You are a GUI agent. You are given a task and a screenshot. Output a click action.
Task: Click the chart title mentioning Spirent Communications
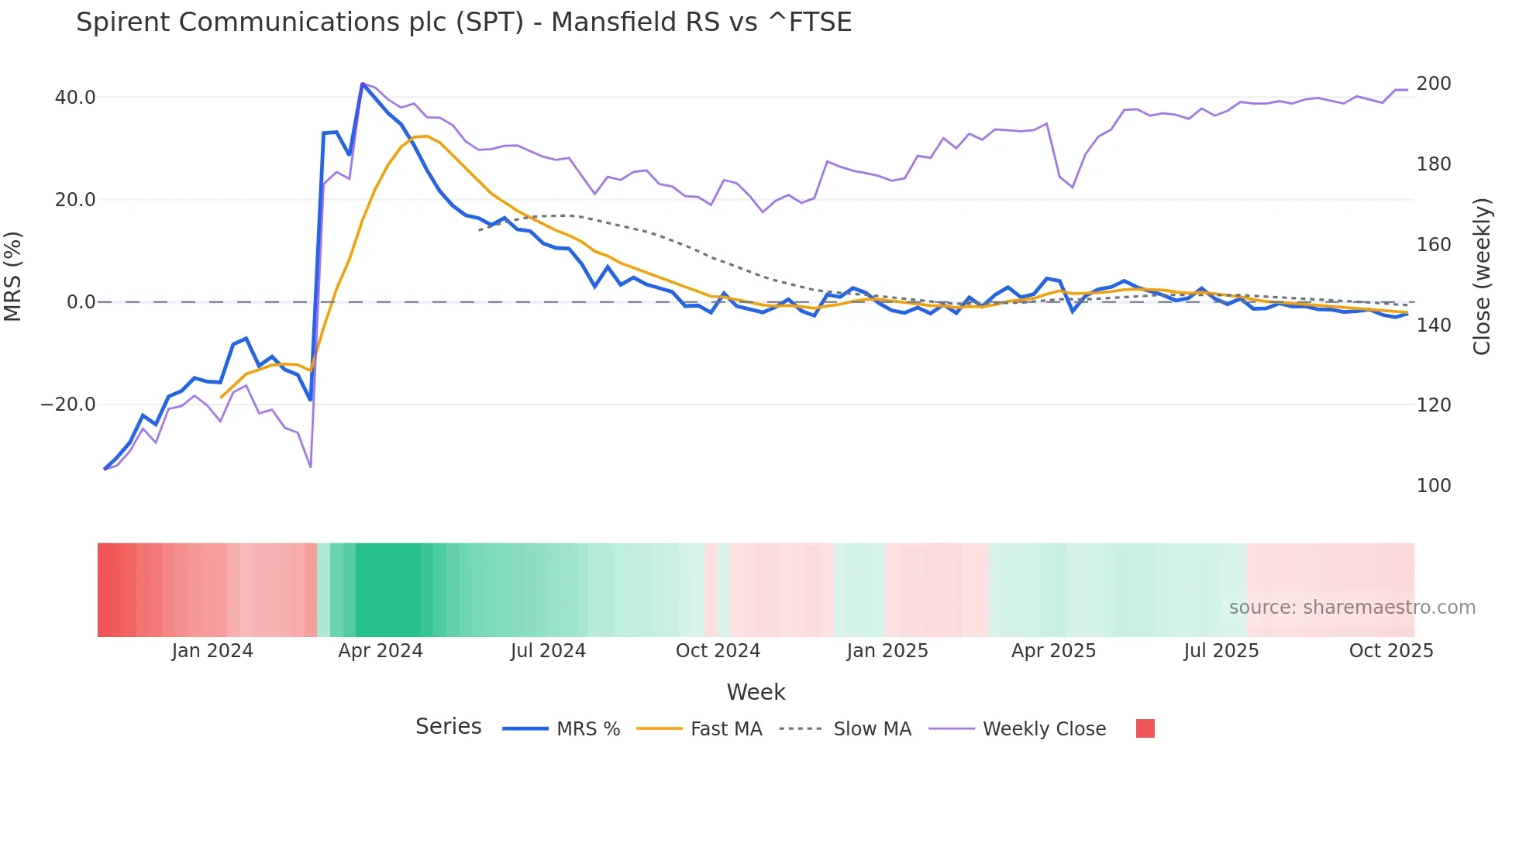point(463,22)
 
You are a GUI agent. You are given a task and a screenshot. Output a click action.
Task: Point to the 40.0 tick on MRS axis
point(75,98)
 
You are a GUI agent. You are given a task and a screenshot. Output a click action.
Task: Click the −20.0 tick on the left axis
point(68,405)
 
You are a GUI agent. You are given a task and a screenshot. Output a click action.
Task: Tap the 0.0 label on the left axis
point(81,302)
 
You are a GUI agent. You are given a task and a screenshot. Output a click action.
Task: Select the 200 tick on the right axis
point(1433,84)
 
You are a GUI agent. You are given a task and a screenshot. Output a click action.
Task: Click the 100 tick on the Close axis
point(1433,486)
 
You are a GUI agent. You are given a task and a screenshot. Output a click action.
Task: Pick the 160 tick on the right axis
point(1433,245)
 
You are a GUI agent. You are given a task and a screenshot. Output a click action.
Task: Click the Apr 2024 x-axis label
point(380,651)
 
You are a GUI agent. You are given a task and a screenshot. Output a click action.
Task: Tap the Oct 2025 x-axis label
point(1390,651)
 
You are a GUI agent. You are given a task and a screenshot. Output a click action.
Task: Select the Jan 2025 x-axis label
point(887,651)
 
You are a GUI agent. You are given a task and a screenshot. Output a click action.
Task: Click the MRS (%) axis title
point(13,277)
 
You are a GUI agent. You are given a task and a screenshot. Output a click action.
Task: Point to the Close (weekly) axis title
point(1481,277)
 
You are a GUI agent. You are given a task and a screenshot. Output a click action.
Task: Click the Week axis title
point(756,692)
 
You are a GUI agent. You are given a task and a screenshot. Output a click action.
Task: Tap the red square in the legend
point(1145,728)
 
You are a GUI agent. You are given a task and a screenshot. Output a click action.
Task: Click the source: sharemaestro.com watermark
point(1352,608)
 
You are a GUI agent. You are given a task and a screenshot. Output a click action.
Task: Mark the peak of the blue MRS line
point(363,84)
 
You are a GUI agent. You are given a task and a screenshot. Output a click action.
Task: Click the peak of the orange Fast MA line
point(425,136)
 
